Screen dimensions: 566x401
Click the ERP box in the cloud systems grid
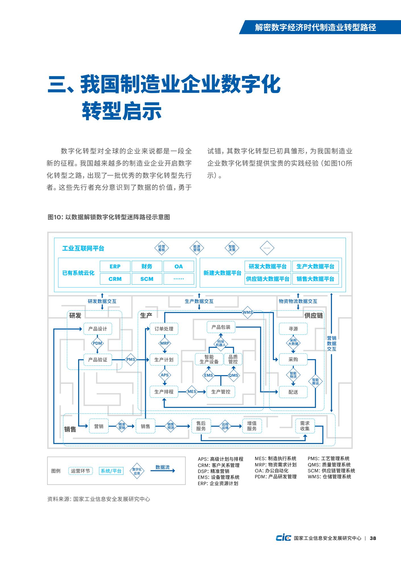[115, 266]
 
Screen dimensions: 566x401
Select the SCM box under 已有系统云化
[147, 279]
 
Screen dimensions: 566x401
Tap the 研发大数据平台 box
[267, 266]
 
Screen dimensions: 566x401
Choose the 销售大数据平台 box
[315, 279]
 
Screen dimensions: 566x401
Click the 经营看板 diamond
[161, 248]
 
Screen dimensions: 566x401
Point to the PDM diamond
[97, 343]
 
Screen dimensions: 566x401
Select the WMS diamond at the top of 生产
[248, 313]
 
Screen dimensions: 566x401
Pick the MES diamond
[192, 392]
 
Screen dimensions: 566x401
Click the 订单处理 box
[164, 329]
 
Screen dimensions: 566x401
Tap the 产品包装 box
[221, 327]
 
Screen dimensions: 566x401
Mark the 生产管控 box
[221, 392]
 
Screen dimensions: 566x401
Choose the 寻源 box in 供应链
[293, 329]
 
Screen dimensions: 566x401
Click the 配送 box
[293, 392]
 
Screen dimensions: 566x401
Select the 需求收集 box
[305, 426]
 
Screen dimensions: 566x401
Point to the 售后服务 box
[201, 426]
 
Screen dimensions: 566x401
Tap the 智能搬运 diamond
[315, 382]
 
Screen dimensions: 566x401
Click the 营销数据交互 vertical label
[332, 344]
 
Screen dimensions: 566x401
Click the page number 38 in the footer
[373, 538]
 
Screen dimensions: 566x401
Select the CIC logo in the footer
[283, 538]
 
